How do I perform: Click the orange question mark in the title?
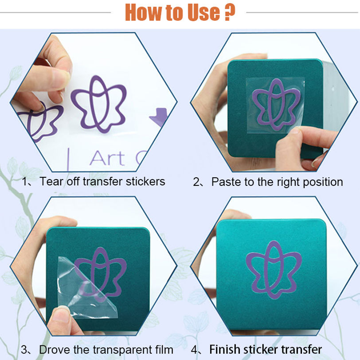(x=229, y=12)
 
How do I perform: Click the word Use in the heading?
(x=203, y=12)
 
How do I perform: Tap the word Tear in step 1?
(x=51, y=181)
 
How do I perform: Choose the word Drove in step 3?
(x=55, y=350)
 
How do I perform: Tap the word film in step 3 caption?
(x=164, y=350)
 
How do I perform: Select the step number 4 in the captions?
(x=194, y=350)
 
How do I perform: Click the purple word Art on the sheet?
(x=107, y=158)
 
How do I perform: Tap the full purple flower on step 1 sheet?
(x=99, y=105)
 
